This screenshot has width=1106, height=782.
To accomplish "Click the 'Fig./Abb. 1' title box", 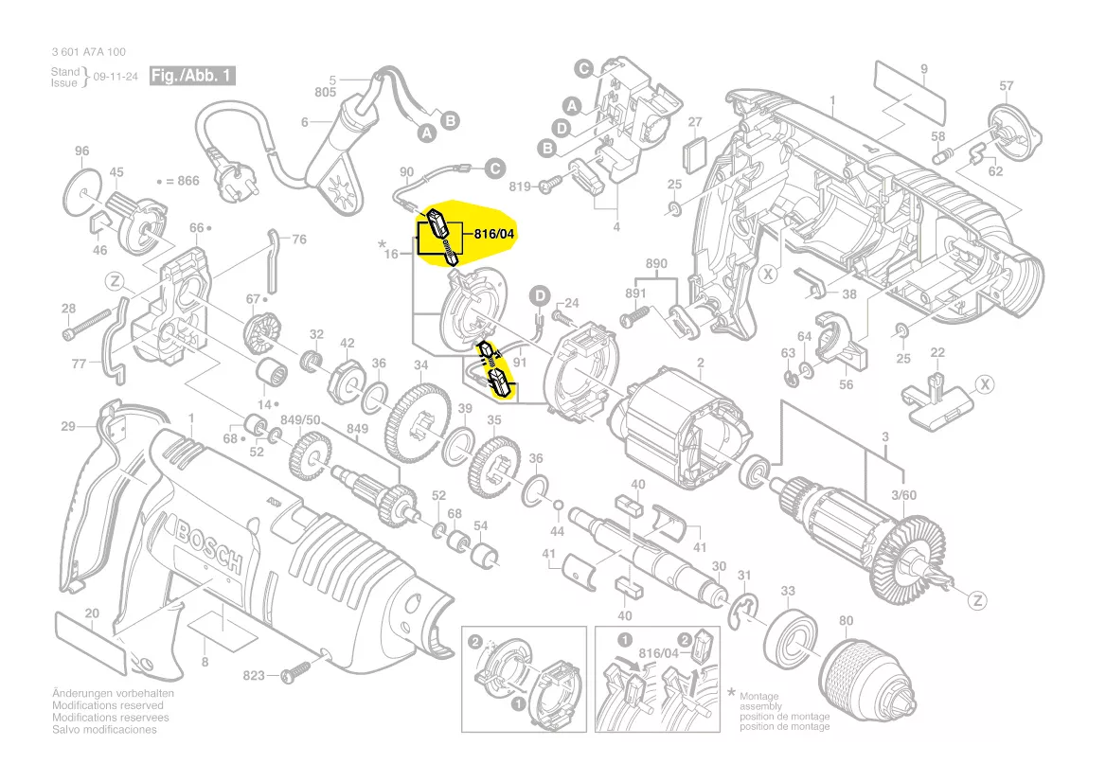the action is click(x=192, y=76).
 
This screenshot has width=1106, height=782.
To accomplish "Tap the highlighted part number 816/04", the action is click(x=494, y=234).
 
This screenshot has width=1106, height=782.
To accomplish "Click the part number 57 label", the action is click(x=1006, y=86).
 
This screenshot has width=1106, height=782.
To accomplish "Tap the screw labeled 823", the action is click(x=295, y=671).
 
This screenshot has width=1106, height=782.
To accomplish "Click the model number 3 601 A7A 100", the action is click(x=88, y=52).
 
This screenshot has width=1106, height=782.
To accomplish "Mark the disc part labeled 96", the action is click(x=82, y=192).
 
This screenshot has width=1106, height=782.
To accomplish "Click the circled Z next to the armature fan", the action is click(x=977, y=601).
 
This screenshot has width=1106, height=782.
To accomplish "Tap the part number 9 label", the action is click(x=924, y=69).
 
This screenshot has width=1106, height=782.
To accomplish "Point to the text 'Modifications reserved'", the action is click(x=107, y=705).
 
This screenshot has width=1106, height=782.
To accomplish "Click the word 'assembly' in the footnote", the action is click(x=760, y=706).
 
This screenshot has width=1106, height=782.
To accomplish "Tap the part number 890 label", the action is click(x=656, y=264).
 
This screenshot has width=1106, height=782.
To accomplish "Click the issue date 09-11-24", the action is click(x=116, y=76).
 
